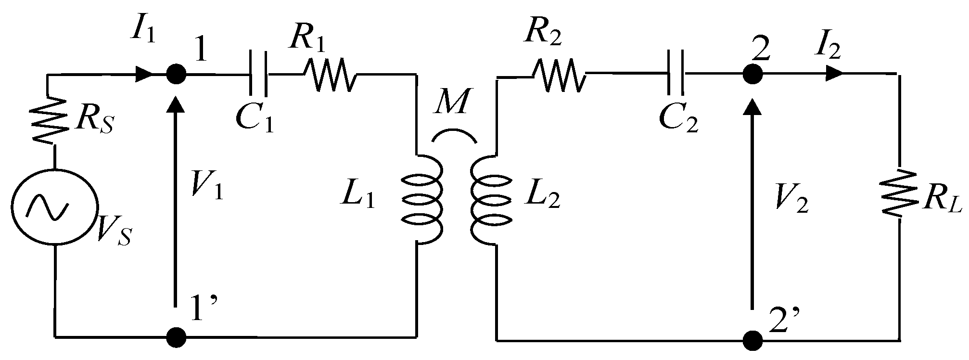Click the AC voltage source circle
pos(54,207)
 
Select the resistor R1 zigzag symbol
pos(330,75)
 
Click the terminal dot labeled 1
pos(176,74)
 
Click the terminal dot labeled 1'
pos(176,336)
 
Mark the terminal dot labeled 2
pos(752,74)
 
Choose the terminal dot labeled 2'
pos(752,341)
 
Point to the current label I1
pos(143,30)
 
